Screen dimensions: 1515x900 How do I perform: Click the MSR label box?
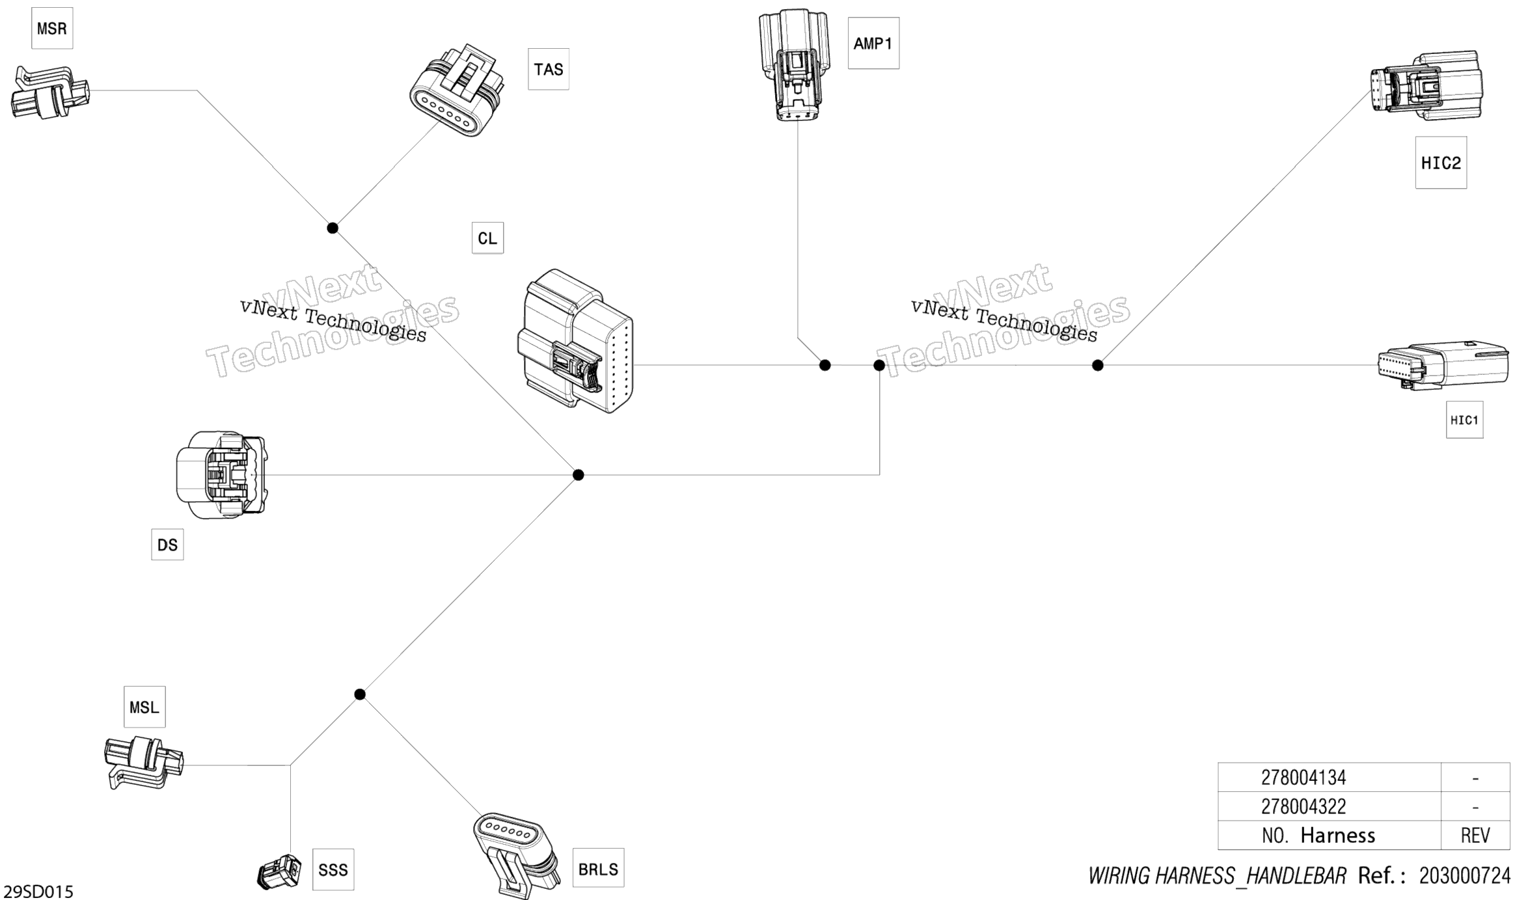point(52,28)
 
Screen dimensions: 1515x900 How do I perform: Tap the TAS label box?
point(548,69)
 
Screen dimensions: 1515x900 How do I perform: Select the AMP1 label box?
point(873,43)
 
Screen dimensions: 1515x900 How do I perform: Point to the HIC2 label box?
point(1441,163)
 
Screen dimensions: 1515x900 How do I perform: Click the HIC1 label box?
point(1464,420)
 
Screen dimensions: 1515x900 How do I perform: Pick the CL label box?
point(487,238)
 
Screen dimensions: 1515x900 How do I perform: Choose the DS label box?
point(167,545)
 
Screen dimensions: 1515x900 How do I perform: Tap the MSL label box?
point(144,707)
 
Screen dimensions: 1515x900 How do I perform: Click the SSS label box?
point(333,869)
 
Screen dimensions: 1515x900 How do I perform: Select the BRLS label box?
point(598,868)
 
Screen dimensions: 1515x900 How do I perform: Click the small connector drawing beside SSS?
point(279,871)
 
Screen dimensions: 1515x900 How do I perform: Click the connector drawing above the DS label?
point(221,474)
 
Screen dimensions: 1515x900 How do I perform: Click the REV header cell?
point(1475,835)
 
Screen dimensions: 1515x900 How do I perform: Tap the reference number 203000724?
point(1464,876)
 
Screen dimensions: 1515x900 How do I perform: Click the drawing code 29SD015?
point(38,891)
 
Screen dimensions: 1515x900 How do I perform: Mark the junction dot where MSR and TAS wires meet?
point(333,228)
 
